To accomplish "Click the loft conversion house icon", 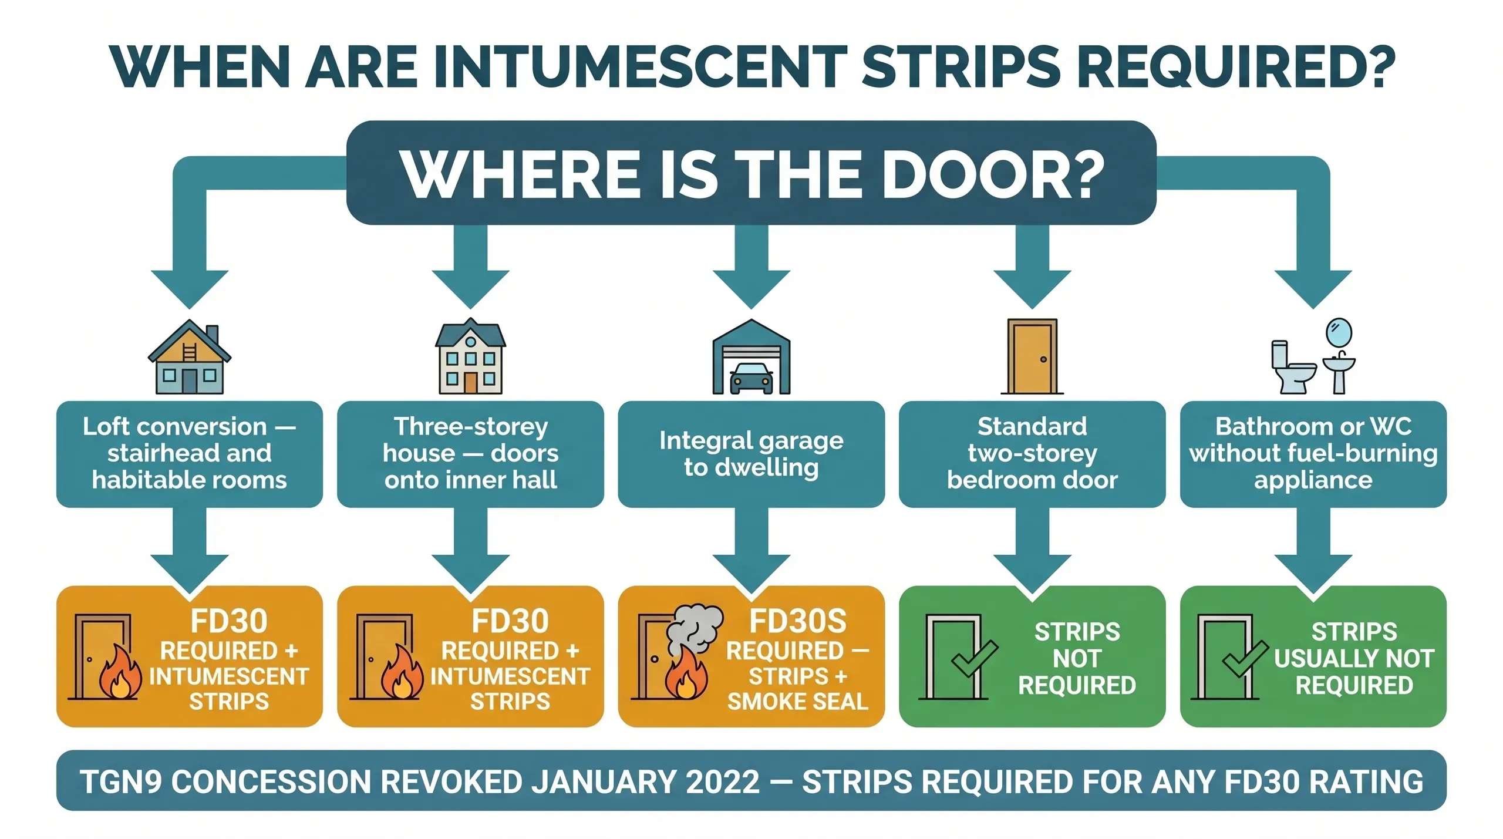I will coord(189,357).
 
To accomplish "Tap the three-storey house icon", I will coord(470,356).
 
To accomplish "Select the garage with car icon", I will coord(751,357).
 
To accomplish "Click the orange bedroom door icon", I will coord(1032,356).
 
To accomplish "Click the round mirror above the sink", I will coord(1339,332).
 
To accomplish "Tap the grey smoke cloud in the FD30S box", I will coord(696,628).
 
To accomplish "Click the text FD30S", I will coord(797,621).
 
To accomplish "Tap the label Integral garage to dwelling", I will coord(751,454).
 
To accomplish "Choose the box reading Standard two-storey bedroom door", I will coord(1032,454).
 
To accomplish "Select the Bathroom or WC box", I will coord(1313,454).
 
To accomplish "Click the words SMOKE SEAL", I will coord(797,702).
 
